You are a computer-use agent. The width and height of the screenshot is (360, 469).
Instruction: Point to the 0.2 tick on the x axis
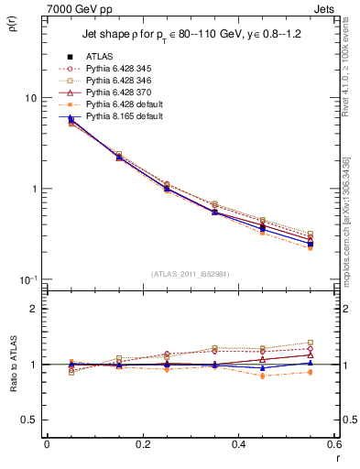pyautogui.click(x=143, y=444)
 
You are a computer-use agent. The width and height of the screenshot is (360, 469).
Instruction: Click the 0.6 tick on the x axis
pyautogui.click(x=334, y=444)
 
